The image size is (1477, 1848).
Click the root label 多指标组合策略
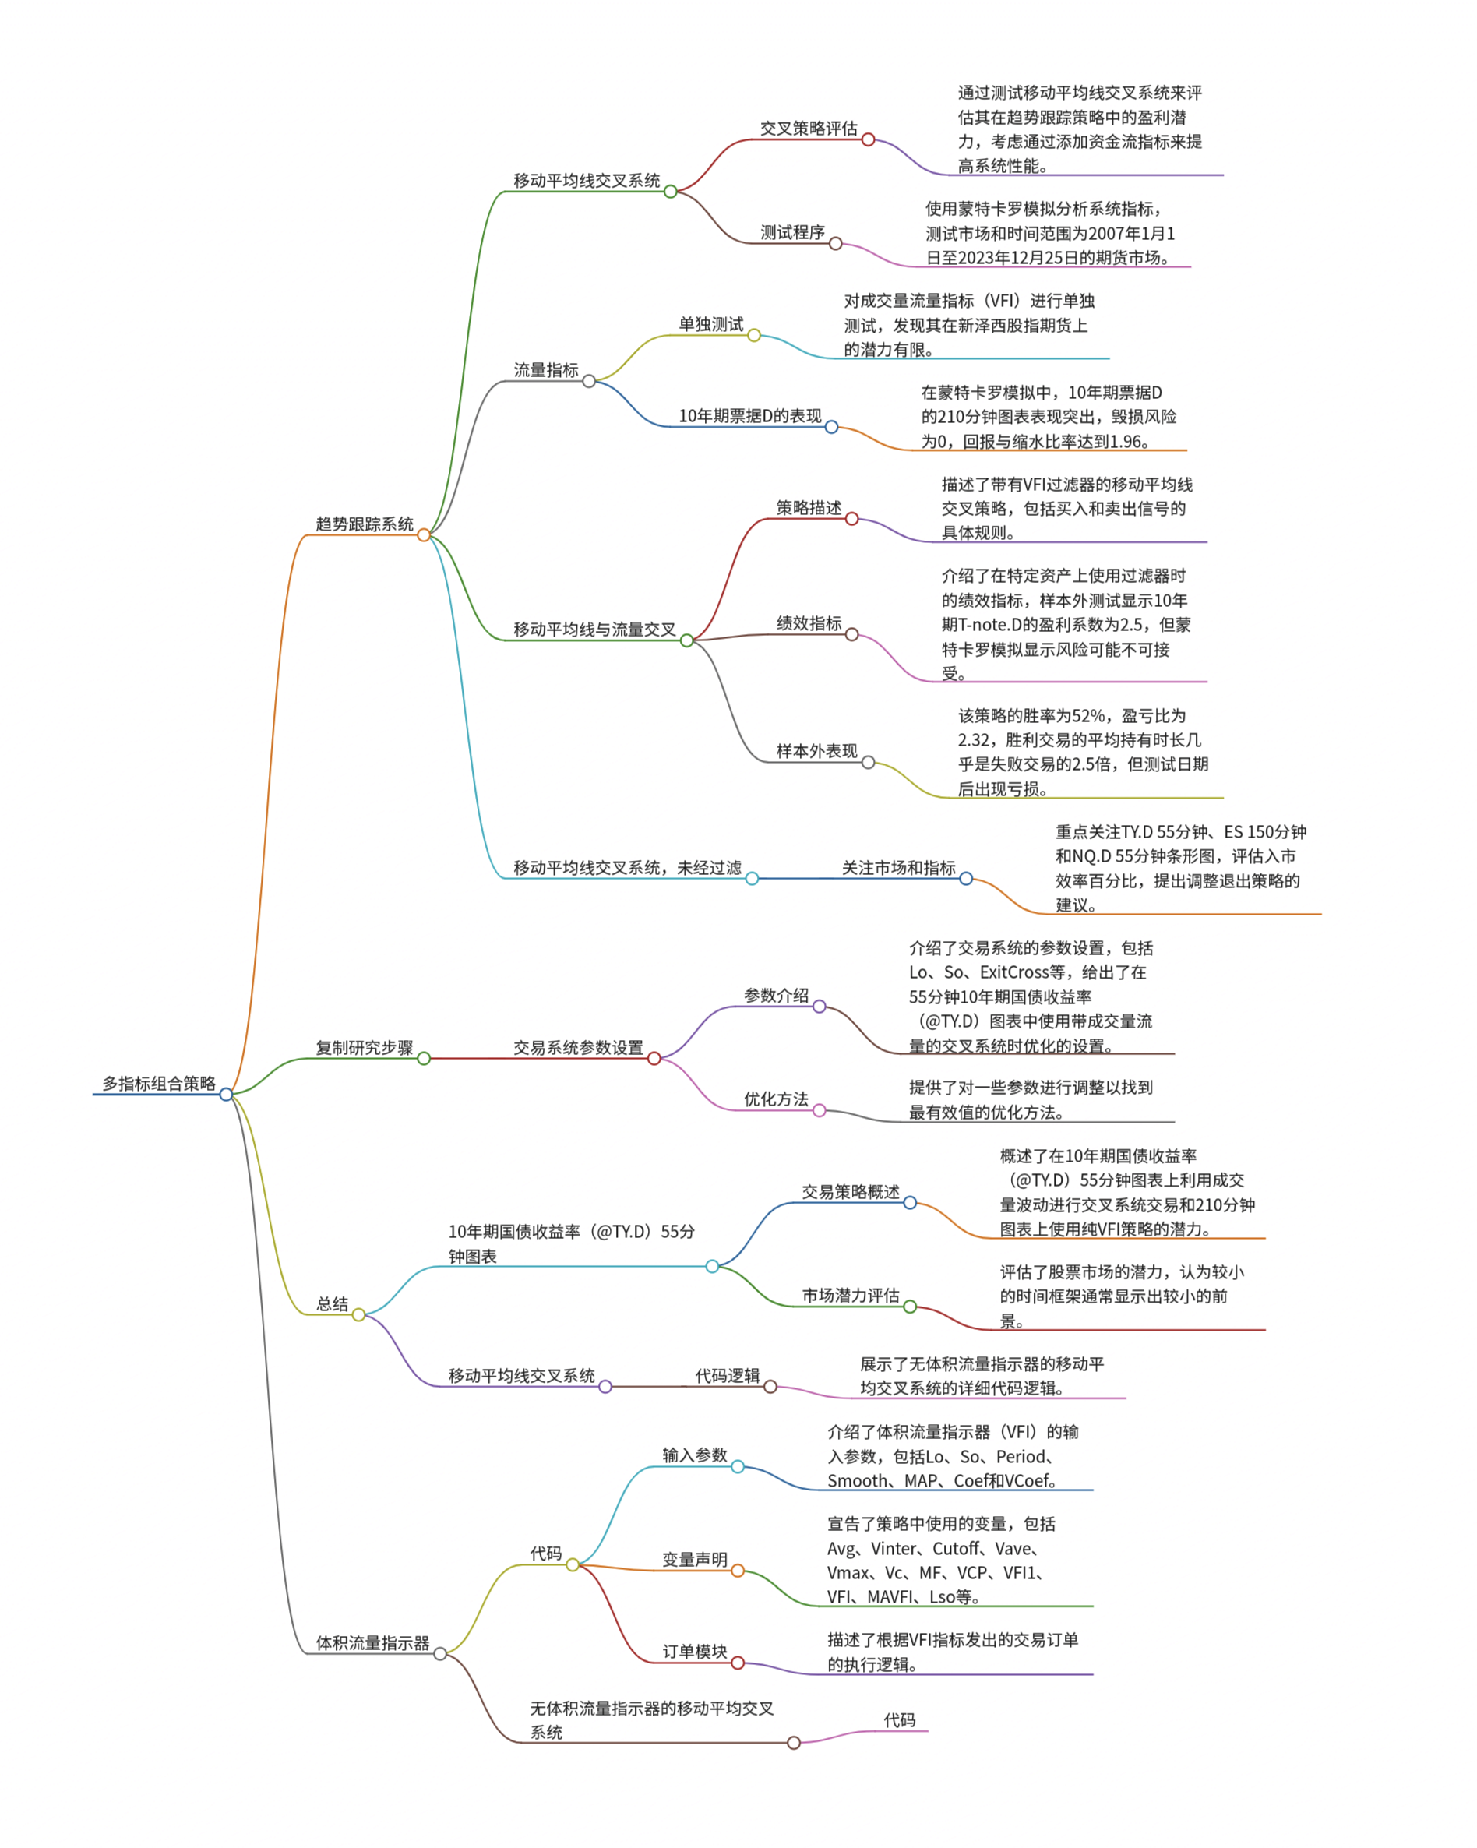point(159,1084)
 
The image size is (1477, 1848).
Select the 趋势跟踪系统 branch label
point(365,524)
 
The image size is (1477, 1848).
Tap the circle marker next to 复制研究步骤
point(424,1059)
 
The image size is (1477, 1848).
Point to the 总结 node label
point(332,1303)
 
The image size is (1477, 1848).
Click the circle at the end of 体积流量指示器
point(440,1653)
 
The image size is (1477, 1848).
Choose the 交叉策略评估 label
point(809,129)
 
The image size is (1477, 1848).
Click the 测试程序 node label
point(792,232)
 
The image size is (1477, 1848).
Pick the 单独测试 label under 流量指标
point(710,324)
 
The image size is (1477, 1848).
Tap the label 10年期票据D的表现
point(749,416)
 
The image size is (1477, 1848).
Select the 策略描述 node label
point(809,507)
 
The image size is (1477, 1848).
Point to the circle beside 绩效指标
point(852,634)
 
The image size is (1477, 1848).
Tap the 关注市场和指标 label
point(897,867)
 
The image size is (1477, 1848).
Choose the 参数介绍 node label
point(776,995)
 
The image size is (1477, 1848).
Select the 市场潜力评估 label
point(851,1295)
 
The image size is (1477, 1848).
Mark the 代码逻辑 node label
point(727,1376)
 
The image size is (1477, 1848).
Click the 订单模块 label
point(694,1652)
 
